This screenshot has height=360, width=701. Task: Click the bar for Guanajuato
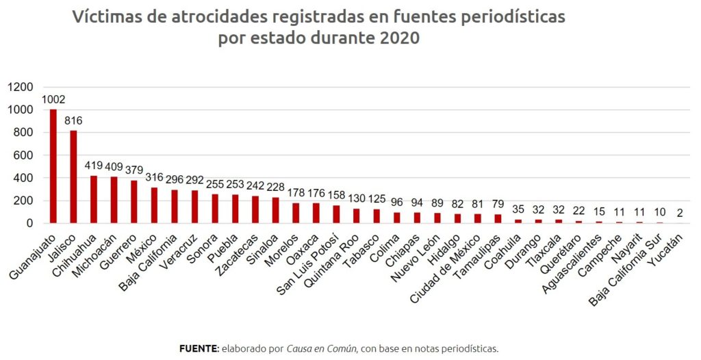pyautogui.click(x=53, y=166)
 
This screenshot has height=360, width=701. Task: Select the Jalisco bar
pyautogui.click(x=73, y=177)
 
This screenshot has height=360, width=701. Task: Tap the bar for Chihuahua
pyautogui.click(x=94, y=199)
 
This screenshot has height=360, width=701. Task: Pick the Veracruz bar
pyautogui.click(x=195, y=207)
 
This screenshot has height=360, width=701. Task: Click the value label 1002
pyautogui.click(x=53, y=99)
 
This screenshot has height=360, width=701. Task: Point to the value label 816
pyautogui.click(x=73, y=120)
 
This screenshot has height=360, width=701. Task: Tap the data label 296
pyautogui.click(x=175, y=179)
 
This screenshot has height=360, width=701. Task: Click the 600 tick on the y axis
pyautogui.click(x=23, y=155)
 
